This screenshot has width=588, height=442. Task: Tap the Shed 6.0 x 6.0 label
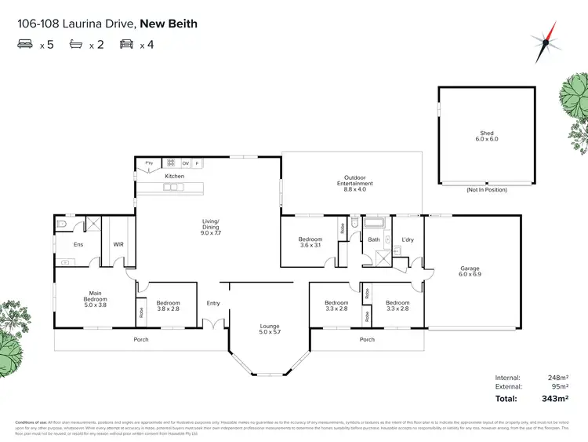[488, 136]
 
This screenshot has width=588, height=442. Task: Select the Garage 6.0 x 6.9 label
[470, 272]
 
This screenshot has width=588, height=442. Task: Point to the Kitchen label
[174, 176]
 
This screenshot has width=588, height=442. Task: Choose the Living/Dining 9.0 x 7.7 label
[211, 229]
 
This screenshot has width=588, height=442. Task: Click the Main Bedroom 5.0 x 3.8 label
[95, 298]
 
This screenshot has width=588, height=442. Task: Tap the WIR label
[118, 245]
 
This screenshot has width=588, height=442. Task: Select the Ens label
[78, 245]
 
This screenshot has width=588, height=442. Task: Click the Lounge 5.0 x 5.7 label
[270, 330]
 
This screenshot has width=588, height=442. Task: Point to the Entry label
[213, 303]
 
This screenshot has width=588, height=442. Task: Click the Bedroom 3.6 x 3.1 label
[310, 242]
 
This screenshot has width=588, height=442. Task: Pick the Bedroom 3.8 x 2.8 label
[168, 305]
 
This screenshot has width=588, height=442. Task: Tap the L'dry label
[408, 239]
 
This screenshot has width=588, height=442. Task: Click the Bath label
[374, 239]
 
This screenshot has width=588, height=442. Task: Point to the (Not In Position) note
[487, 190]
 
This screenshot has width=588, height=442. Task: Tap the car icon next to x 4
[126, 45]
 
